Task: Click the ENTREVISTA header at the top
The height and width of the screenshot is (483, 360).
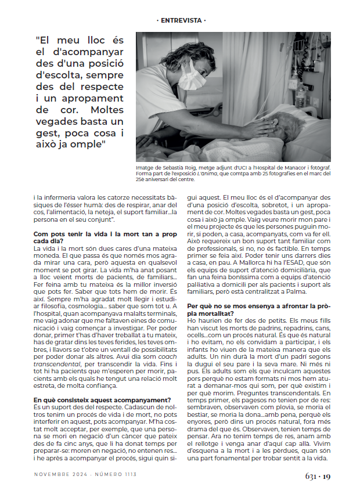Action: point(182,20)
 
